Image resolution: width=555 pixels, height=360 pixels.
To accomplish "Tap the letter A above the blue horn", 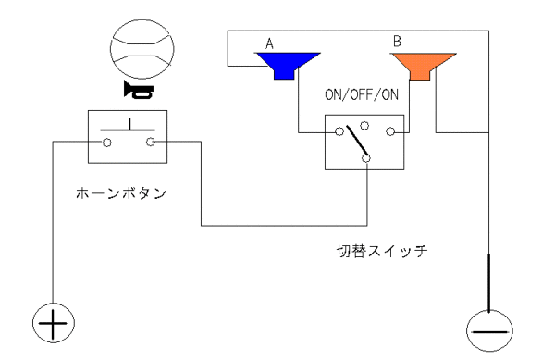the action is pos(270,43).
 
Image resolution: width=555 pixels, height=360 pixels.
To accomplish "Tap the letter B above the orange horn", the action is pos(398,41).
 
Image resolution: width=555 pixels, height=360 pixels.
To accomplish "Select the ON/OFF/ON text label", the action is pos(362,95).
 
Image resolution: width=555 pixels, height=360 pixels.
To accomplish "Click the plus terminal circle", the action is pos(54,323).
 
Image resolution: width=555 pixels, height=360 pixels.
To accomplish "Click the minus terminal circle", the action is pos(489,330).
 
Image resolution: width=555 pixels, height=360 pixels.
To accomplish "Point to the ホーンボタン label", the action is pos(121,193).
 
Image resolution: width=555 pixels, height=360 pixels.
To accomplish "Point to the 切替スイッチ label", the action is pos(382,251).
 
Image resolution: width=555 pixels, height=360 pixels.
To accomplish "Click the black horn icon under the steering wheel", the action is pos(139,90).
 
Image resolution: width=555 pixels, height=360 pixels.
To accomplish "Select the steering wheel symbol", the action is pos(142,49).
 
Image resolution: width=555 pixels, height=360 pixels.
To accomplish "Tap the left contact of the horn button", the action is pos(106,143).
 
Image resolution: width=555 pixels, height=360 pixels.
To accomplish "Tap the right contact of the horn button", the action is pos(151,143).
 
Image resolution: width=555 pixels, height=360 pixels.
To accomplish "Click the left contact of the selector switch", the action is pos(339,132).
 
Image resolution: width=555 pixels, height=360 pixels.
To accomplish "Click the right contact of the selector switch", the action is pos(390,132).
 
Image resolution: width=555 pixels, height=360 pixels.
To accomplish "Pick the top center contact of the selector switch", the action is pos(364,126).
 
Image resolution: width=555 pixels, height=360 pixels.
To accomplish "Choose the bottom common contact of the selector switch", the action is pos(366,158).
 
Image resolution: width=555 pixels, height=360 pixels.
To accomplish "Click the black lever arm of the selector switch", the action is pos(357,140).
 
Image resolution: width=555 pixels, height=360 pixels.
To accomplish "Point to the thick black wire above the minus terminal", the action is pos(488,283).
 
